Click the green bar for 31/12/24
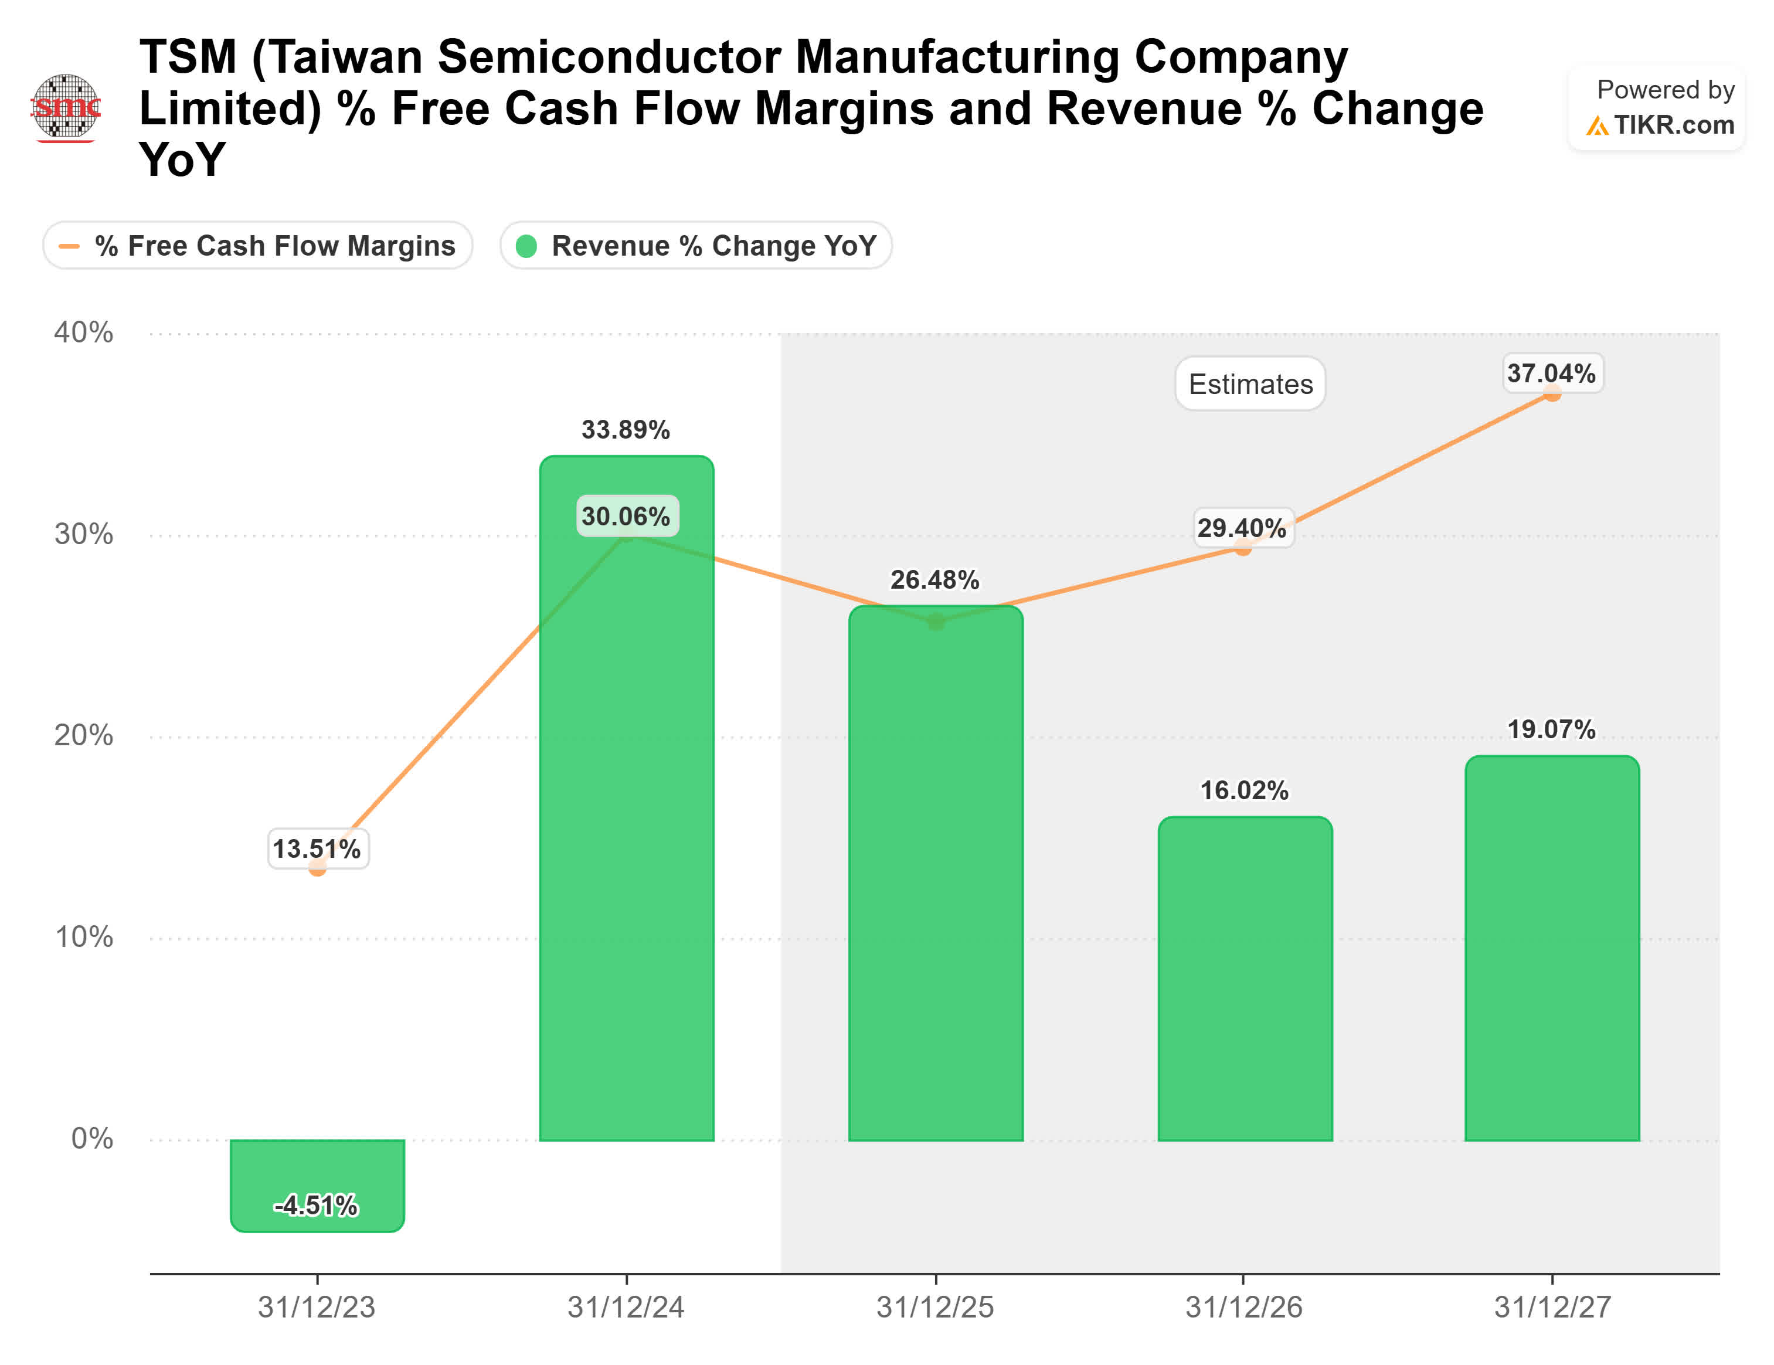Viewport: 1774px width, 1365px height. (626, 813)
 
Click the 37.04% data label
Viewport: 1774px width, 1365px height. (1551, 373)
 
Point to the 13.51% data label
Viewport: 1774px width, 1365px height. (317, 849)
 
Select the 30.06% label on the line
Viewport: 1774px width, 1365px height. (626, 517)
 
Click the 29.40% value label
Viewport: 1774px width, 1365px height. (1242, 528)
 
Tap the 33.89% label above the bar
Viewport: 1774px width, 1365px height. (626, 430)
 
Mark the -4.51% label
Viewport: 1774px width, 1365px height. (317, 1206)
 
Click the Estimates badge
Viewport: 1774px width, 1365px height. (1250, 384)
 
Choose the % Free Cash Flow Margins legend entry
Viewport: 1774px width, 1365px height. (259, 245)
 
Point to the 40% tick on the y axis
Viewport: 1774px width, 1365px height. (84, 332)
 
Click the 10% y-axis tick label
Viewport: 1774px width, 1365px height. (84, 937)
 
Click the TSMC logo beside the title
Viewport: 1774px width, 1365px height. (66, 107)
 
